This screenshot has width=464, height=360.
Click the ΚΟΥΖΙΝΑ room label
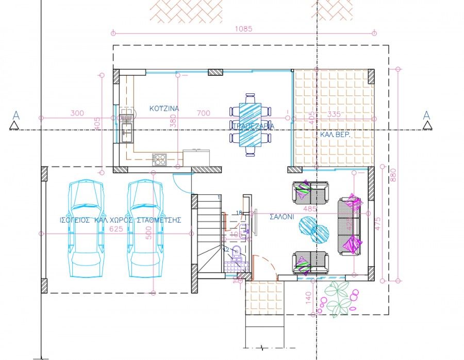tap(164, 109)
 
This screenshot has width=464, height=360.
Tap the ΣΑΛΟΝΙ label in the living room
tap(282, 217)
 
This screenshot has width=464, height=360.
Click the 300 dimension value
tap(77, 113)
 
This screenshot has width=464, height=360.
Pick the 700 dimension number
tap(204, 113)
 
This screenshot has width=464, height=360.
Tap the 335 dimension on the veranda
tap(335, 113)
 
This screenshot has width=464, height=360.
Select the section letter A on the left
tap(16, 115)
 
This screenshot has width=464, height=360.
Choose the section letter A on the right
tap(426, 115)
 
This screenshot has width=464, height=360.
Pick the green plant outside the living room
tap(338, 298)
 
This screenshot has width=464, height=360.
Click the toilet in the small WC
tap(237, 253)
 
